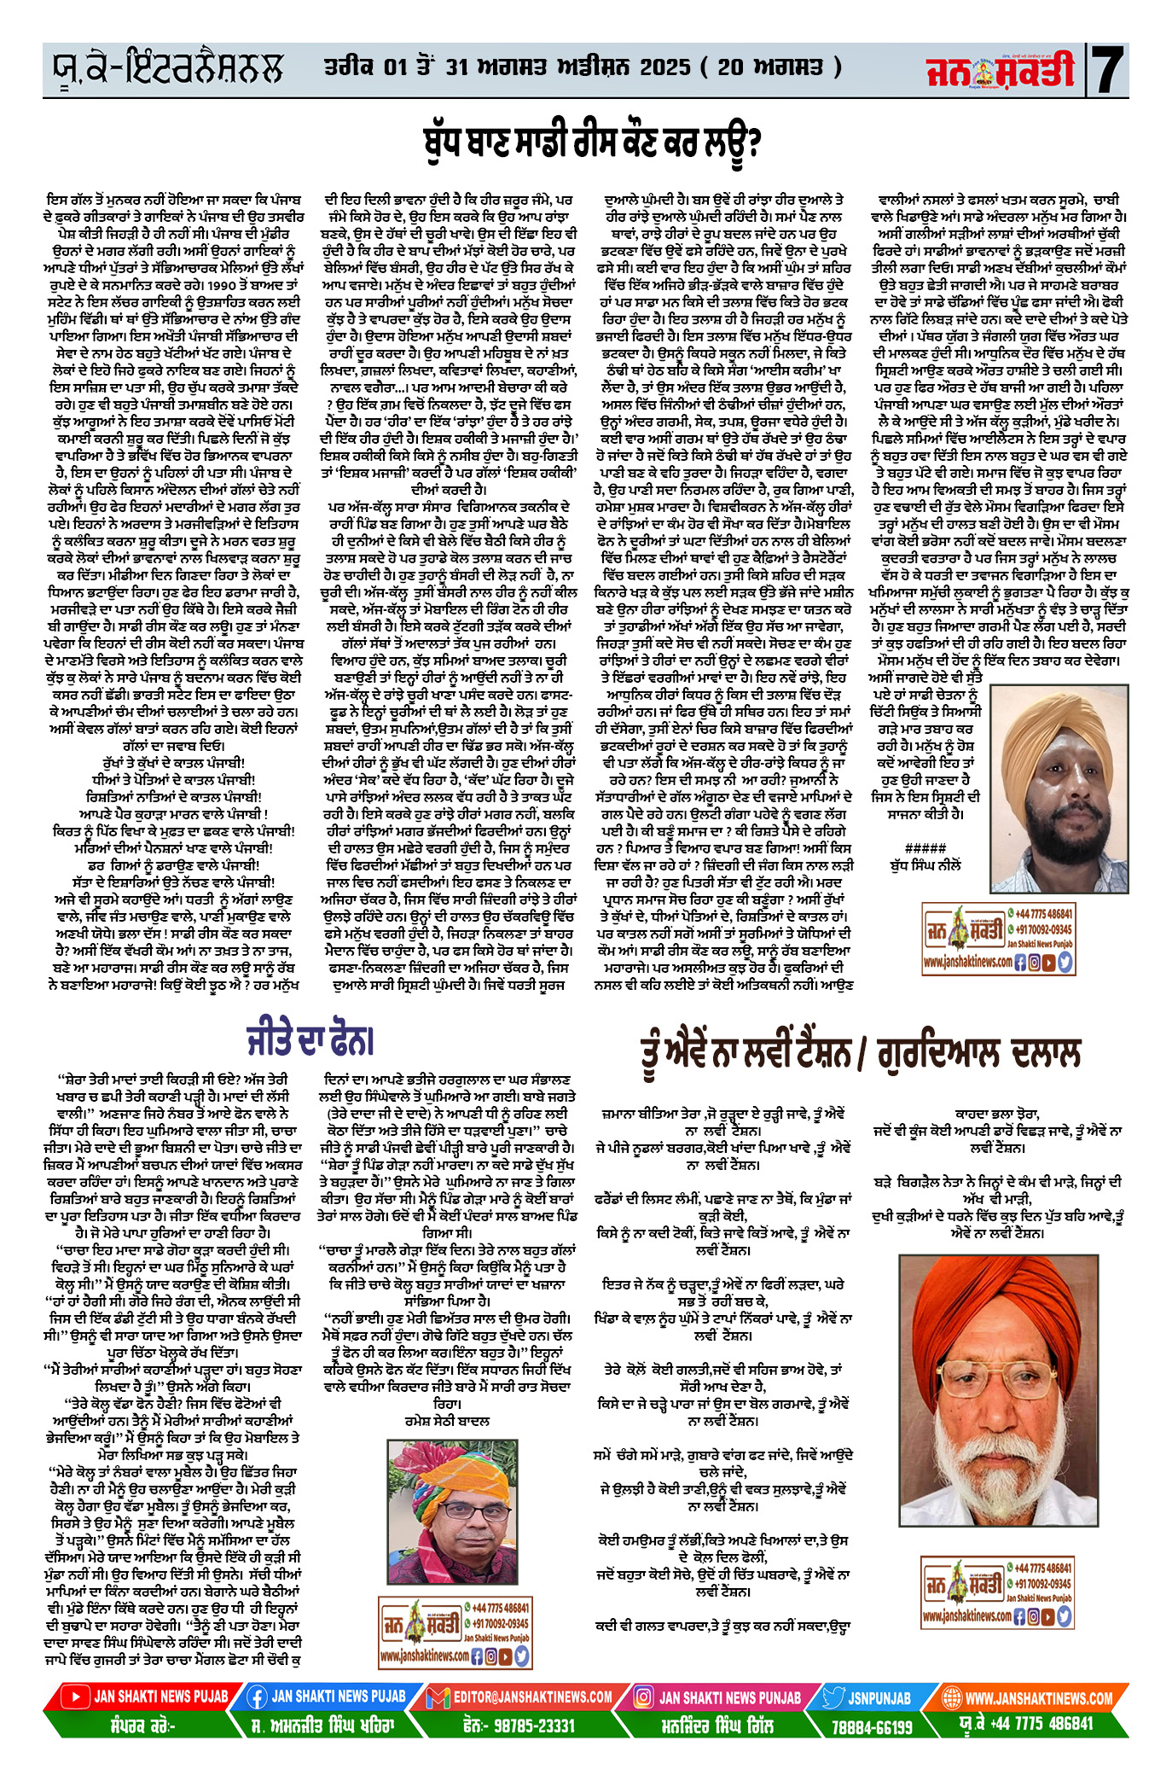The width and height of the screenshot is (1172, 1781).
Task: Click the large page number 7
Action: tap(1108, 70)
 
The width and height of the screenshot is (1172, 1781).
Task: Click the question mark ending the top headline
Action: tap(750, 143)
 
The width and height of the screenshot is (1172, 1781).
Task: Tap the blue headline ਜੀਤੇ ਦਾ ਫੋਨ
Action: tap(310, 1040)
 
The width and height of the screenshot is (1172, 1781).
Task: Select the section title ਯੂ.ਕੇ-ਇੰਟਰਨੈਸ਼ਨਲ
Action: tap(165, 68)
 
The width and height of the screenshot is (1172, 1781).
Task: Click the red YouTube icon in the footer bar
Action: tap(76, 1697)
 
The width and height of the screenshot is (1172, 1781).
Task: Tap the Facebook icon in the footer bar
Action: tap(256, 1697)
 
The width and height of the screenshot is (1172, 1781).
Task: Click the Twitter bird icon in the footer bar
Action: tap(833, 1697)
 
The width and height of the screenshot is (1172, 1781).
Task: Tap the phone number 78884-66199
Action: tap(872, 1726)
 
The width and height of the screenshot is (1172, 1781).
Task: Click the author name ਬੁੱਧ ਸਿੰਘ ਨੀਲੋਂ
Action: tap(925, 864)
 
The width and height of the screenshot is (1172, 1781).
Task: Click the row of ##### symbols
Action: tap(925, 847)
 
